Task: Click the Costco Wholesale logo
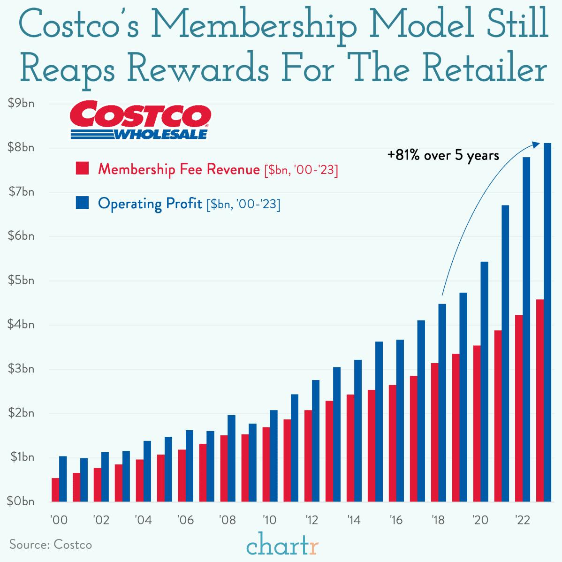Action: point(139,120)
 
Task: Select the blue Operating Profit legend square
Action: point(82,204)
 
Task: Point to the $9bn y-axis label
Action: point(22,104)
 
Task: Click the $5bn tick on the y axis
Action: point(22,281)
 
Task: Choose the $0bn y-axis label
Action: point(22,501)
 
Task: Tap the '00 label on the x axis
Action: point(59,520)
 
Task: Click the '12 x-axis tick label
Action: point(312,520)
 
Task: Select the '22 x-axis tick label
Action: point(523,520)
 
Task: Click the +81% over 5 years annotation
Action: point(443,155)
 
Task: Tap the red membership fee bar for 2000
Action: point(55,490)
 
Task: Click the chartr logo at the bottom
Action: point(282,546)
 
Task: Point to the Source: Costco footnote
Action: point(51,545)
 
